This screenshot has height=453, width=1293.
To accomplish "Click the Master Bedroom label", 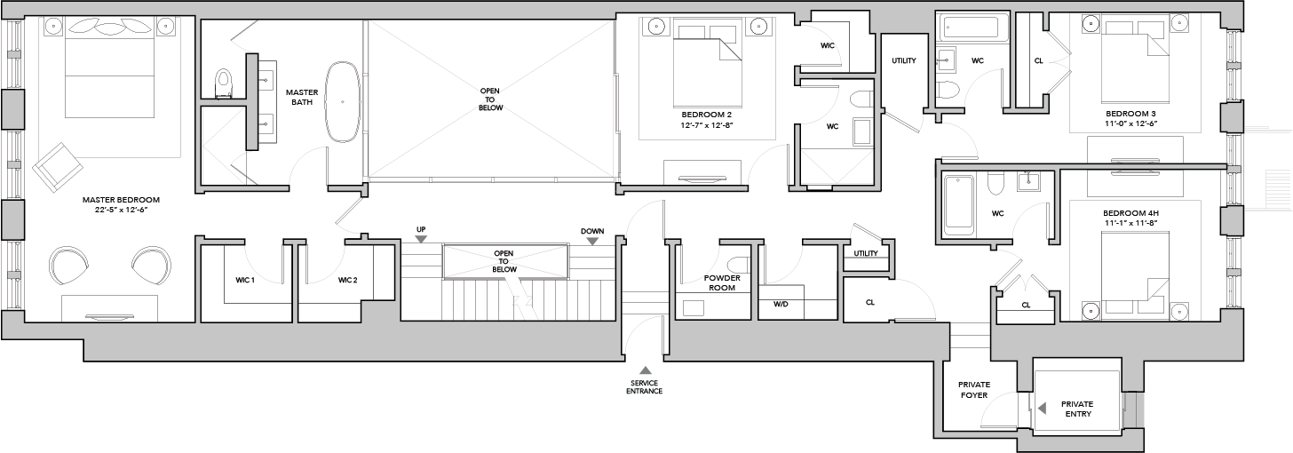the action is pos(121,200).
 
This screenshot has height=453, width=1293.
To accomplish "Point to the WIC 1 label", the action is pos(245,281).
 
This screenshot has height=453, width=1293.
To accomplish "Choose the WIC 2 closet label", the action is pos(347,281).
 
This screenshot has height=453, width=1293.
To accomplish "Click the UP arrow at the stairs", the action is pos(421,239).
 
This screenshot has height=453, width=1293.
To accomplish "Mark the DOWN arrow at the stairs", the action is pos(593,241).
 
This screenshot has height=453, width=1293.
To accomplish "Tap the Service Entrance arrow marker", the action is pos(645,370).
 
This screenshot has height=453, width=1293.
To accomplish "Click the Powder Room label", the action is pos(721,282).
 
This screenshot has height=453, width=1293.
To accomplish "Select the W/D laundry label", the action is pos(781,304).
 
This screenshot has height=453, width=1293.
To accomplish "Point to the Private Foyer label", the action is pos(974,390).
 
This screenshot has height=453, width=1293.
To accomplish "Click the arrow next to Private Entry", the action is pos(1042,409).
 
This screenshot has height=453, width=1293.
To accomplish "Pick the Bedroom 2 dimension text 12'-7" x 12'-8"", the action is pos(707,124).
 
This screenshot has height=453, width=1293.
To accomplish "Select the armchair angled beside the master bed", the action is pos(56,164).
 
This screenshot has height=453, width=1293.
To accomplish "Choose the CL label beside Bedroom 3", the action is pos(1039,60).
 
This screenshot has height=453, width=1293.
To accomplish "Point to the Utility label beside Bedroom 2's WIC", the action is pos(904,60).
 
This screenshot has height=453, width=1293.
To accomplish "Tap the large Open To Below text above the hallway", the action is pos(490,99).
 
